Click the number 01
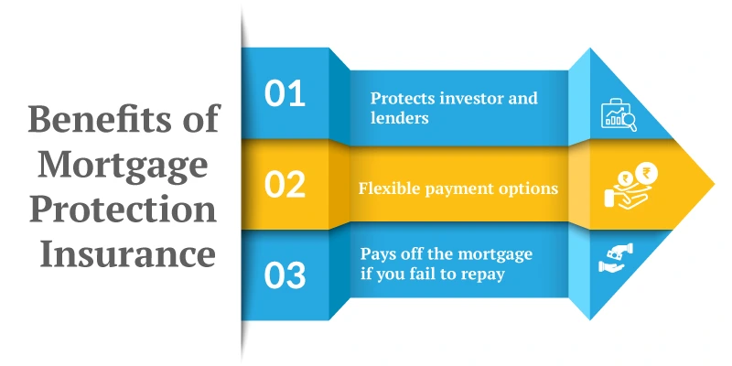click(285, 95)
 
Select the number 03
click(285, 275)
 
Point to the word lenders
click(399, 118)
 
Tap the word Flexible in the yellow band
click(388, 189)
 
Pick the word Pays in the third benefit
click(377, 254)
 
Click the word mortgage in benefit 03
click(493, 254)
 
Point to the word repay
click(483, 274)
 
